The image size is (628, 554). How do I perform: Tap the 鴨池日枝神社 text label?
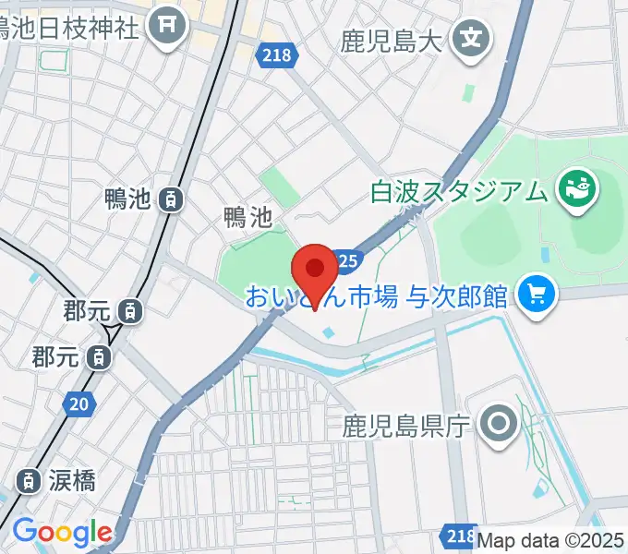coord(69,25)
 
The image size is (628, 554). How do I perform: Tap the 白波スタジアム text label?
coord(459,193)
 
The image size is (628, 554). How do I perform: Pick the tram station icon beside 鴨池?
coord(170,198)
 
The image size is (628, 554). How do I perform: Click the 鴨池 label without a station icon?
coord(247,218)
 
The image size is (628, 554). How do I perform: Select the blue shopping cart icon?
coord(534,295)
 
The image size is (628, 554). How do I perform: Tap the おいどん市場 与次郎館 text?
coord(377,296)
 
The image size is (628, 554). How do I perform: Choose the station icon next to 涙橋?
coord(30,480)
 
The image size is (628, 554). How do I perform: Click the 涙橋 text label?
coord(73,480)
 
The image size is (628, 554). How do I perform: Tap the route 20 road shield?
coord(79,403)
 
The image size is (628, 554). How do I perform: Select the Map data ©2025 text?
coord(551,539)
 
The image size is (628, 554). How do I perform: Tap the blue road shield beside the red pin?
coord(346,262)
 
